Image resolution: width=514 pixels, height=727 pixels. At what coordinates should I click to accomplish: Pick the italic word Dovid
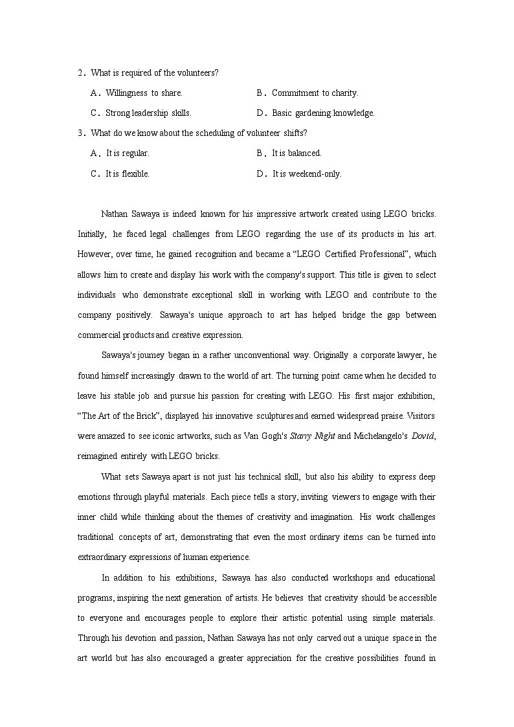[425, 436]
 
